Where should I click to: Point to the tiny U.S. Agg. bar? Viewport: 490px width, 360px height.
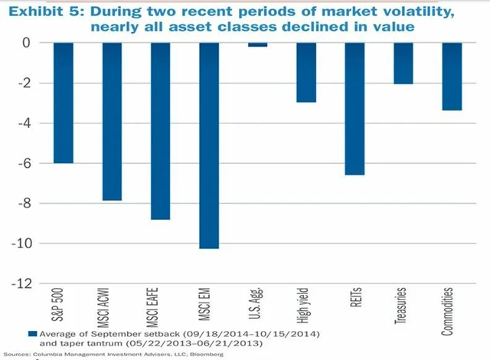[257, 44]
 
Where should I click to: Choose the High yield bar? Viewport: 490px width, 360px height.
[306, 72]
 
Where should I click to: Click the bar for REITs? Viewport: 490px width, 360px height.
[354, 109]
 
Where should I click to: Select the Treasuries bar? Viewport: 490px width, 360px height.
[403, 63]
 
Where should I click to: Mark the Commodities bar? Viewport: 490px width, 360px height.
[451, 77]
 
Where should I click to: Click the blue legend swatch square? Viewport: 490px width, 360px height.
[31, 334]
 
